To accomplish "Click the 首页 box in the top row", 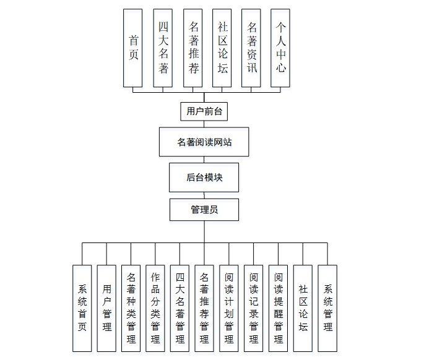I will coord(133,48).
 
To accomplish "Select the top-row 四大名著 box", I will coord(163,48).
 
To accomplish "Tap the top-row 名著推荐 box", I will coord(193,48).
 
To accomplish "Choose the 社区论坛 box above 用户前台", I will coord(222,48).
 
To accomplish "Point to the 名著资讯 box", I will coord(251,48).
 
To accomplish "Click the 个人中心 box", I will coord(280,48).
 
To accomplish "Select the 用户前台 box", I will coord(204,111).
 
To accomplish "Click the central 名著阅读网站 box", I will coord(204,142).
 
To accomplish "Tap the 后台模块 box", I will coord(204,178).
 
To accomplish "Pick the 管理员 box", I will coord(204,210).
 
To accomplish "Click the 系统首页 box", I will coord(82,308).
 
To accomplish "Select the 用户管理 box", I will coord(107,308).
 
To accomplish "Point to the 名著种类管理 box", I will coord(131,308).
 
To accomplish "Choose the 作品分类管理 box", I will coord(155,308).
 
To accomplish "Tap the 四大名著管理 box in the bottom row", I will coord(180,308).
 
